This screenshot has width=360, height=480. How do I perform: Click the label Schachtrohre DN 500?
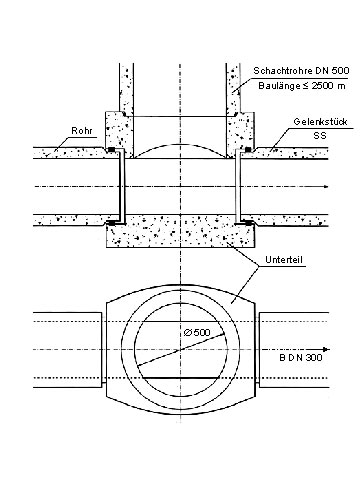pyautogui.click(x=301, y=71)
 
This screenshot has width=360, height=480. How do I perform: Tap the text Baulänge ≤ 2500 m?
pyautogui.click(x=302, y=86)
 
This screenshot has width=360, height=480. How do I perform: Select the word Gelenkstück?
pyautogui.click(x=320, y=122)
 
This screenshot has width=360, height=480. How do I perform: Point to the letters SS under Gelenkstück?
pyautogui.click(x=320, y=136)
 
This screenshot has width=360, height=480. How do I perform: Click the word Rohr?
pyautogui.click(x=82, y=130)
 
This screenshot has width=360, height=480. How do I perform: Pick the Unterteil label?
pyautogui.click(x=284, y=259)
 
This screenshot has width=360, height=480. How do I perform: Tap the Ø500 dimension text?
pyautogui.click(x=197, y=332)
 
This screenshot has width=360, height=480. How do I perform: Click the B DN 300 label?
pyautogui.click(x=301, y=358)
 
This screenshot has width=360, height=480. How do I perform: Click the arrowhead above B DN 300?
pyautogui.click(x=327, y=349)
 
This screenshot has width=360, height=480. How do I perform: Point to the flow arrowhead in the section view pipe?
pyautogui.click(x=326, y=186)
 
